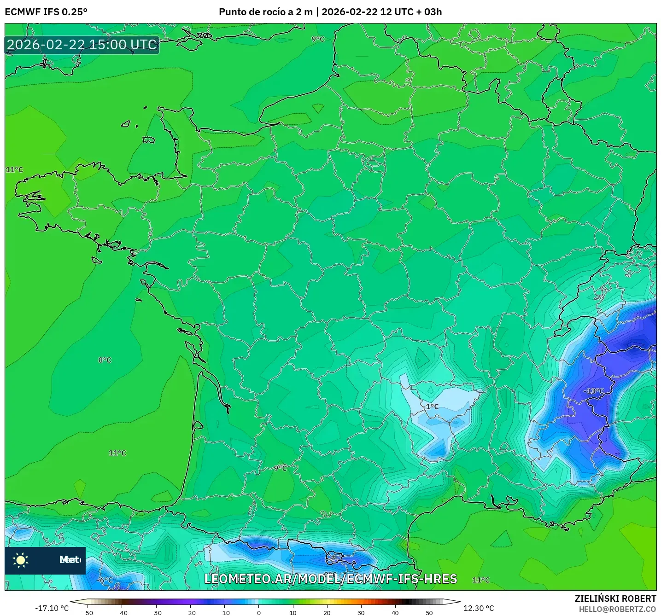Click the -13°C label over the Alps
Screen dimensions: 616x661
pyautogui.click(x=594, y=391)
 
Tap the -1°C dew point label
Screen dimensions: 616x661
pyautogui.click(x=432, y=407)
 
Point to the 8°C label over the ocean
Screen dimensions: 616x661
pyautogui.click(x=105, y=360)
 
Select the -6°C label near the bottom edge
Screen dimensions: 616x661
pyautogui.click(x=105, y=580)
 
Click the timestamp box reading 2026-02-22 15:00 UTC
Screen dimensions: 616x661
pyautogui.click(x=82, y=45)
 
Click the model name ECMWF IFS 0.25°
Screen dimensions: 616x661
pyautogui.click(x=46, y=12)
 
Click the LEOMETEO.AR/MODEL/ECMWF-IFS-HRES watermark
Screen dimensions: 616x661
pyautogui.click(x=330, y=579)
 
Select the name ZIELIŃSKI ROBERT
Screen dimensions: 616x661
pyautogui.click(x=615, y=599)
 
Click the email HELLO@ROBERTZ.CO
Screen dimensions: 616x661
pyautogui.click(x=617, y=609)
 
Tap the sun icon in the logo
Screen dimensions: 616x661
pyautogui.click(x=21, y=560)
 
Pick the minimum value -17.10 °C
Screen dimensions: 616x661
pyautogui.click(x=52, y=608)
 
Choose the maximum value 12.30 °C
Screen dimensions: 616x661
pyautogui.click(x=479, y=608)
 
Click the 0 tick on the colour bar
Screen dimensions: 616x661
pyautogui.click(x=258, y=612)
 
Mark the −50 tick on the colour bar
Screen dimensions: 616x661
pyautogui.click(x=87, y=612)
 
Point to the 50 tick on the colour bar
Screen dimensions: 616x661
pyautogui.click(x=429, y=612)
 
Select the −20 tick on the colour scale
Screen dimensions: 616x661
pyautogui.click(x=190, y=612)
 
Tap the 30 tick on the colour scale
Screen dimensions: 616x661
pyautogui.click(x=361, y=612)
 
